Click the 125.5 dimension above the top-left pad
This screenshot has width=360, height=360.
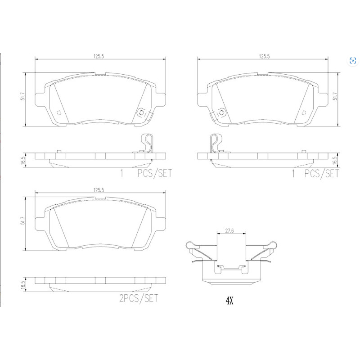tap(99, 56)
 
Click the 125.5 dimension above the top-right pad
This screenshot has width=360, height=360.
tap(264, 56)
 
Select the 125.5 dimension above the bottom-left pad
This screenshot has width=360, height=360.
tap(99, 190)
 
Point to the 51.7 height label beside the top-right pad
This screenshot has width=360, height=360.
tap(335, 96)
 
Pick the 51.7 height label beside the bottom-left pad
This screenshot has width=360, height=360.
tap(22, 220)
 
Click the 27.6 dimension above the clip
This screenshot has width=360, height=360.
tap(229, 231)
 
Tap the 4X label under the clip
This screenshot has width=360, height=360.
tap(229, 300)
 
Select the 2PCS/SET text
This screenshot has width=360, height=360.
tap(139, 298)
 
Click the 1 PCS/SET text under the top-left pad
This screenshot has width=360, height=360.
tap(146, 173)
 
